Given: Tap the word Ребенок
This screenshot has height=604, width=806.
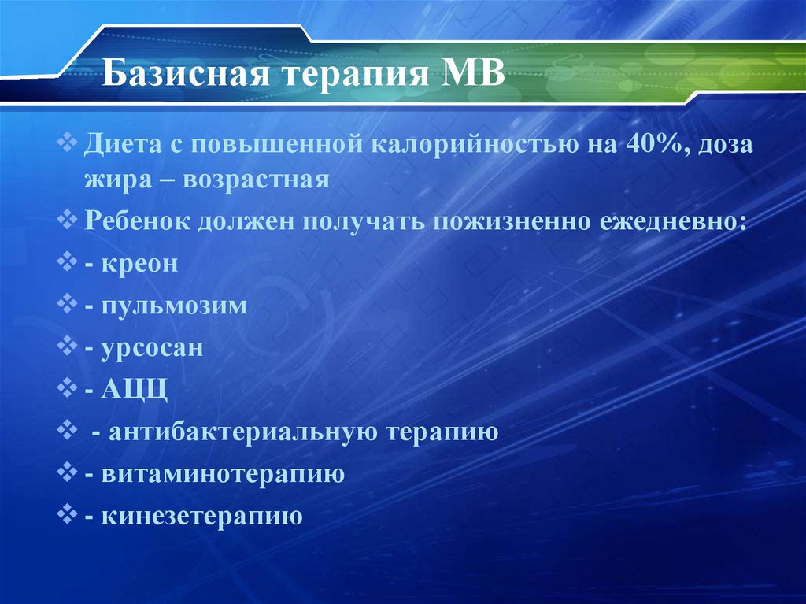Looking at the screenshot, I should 139,221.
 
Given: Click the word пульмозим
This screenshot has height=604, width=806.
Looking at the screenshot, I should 174,306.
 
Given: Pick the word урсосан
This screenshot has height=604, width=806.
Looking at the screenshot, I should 152,347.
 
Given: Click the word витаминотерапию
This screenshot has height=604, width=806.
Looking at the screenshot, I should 222,474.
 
